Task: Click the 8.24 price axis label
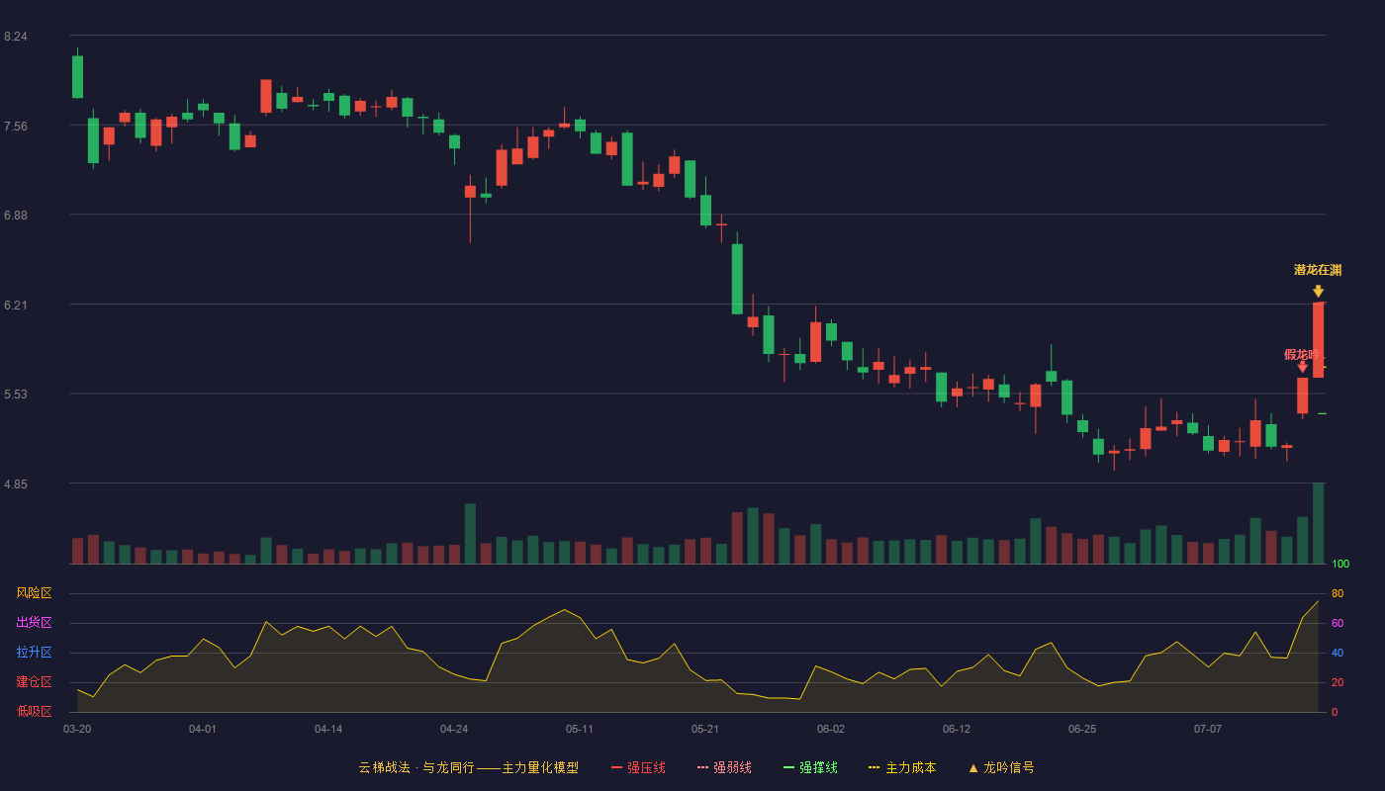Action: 16,37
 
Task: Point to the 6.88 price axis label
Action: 16,216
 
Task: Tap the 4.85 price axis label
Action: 16,484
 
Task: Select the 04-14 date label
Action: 328,730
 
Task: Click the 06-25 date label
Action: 1082,730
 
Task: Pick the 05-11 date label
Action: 580,730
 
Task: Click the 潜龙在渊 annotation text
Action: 1318,270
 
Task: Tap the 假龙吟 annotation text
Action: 1301,355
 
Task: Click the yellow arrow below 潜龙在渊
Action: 1318,291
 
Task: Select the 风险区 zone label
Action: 34,593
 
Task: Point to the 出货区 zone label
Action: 34,623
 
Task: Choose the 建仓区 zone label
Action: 34,682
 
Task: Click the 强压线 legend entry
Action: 638,768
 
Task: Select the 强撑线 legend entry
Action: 810,768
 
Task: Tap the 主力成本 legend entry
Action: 902,768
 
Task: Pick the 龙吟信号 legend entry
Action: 1001,768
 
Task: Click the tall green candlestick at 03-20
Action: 77,77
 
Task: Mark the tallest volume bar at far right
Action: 1318,523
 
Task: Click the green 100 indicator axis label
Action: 1340,565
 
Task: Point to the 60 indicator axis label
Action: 1338,624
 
